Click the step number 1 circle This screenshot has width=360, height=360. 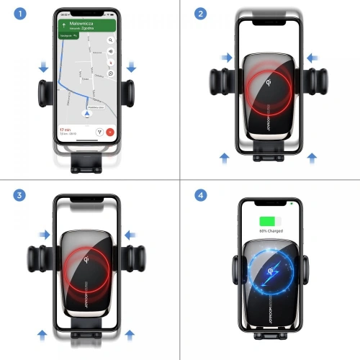[x=15, y=14]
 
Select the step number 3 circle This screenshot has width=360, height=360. [x=15, y=195]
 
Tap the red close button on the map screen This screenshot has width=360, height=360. [x=109, y=132]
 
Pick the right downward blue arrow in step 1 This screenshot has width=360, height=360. [x=131, y=67]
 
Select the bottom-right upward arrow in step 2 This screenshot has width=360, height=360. [x=311, y=156]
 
